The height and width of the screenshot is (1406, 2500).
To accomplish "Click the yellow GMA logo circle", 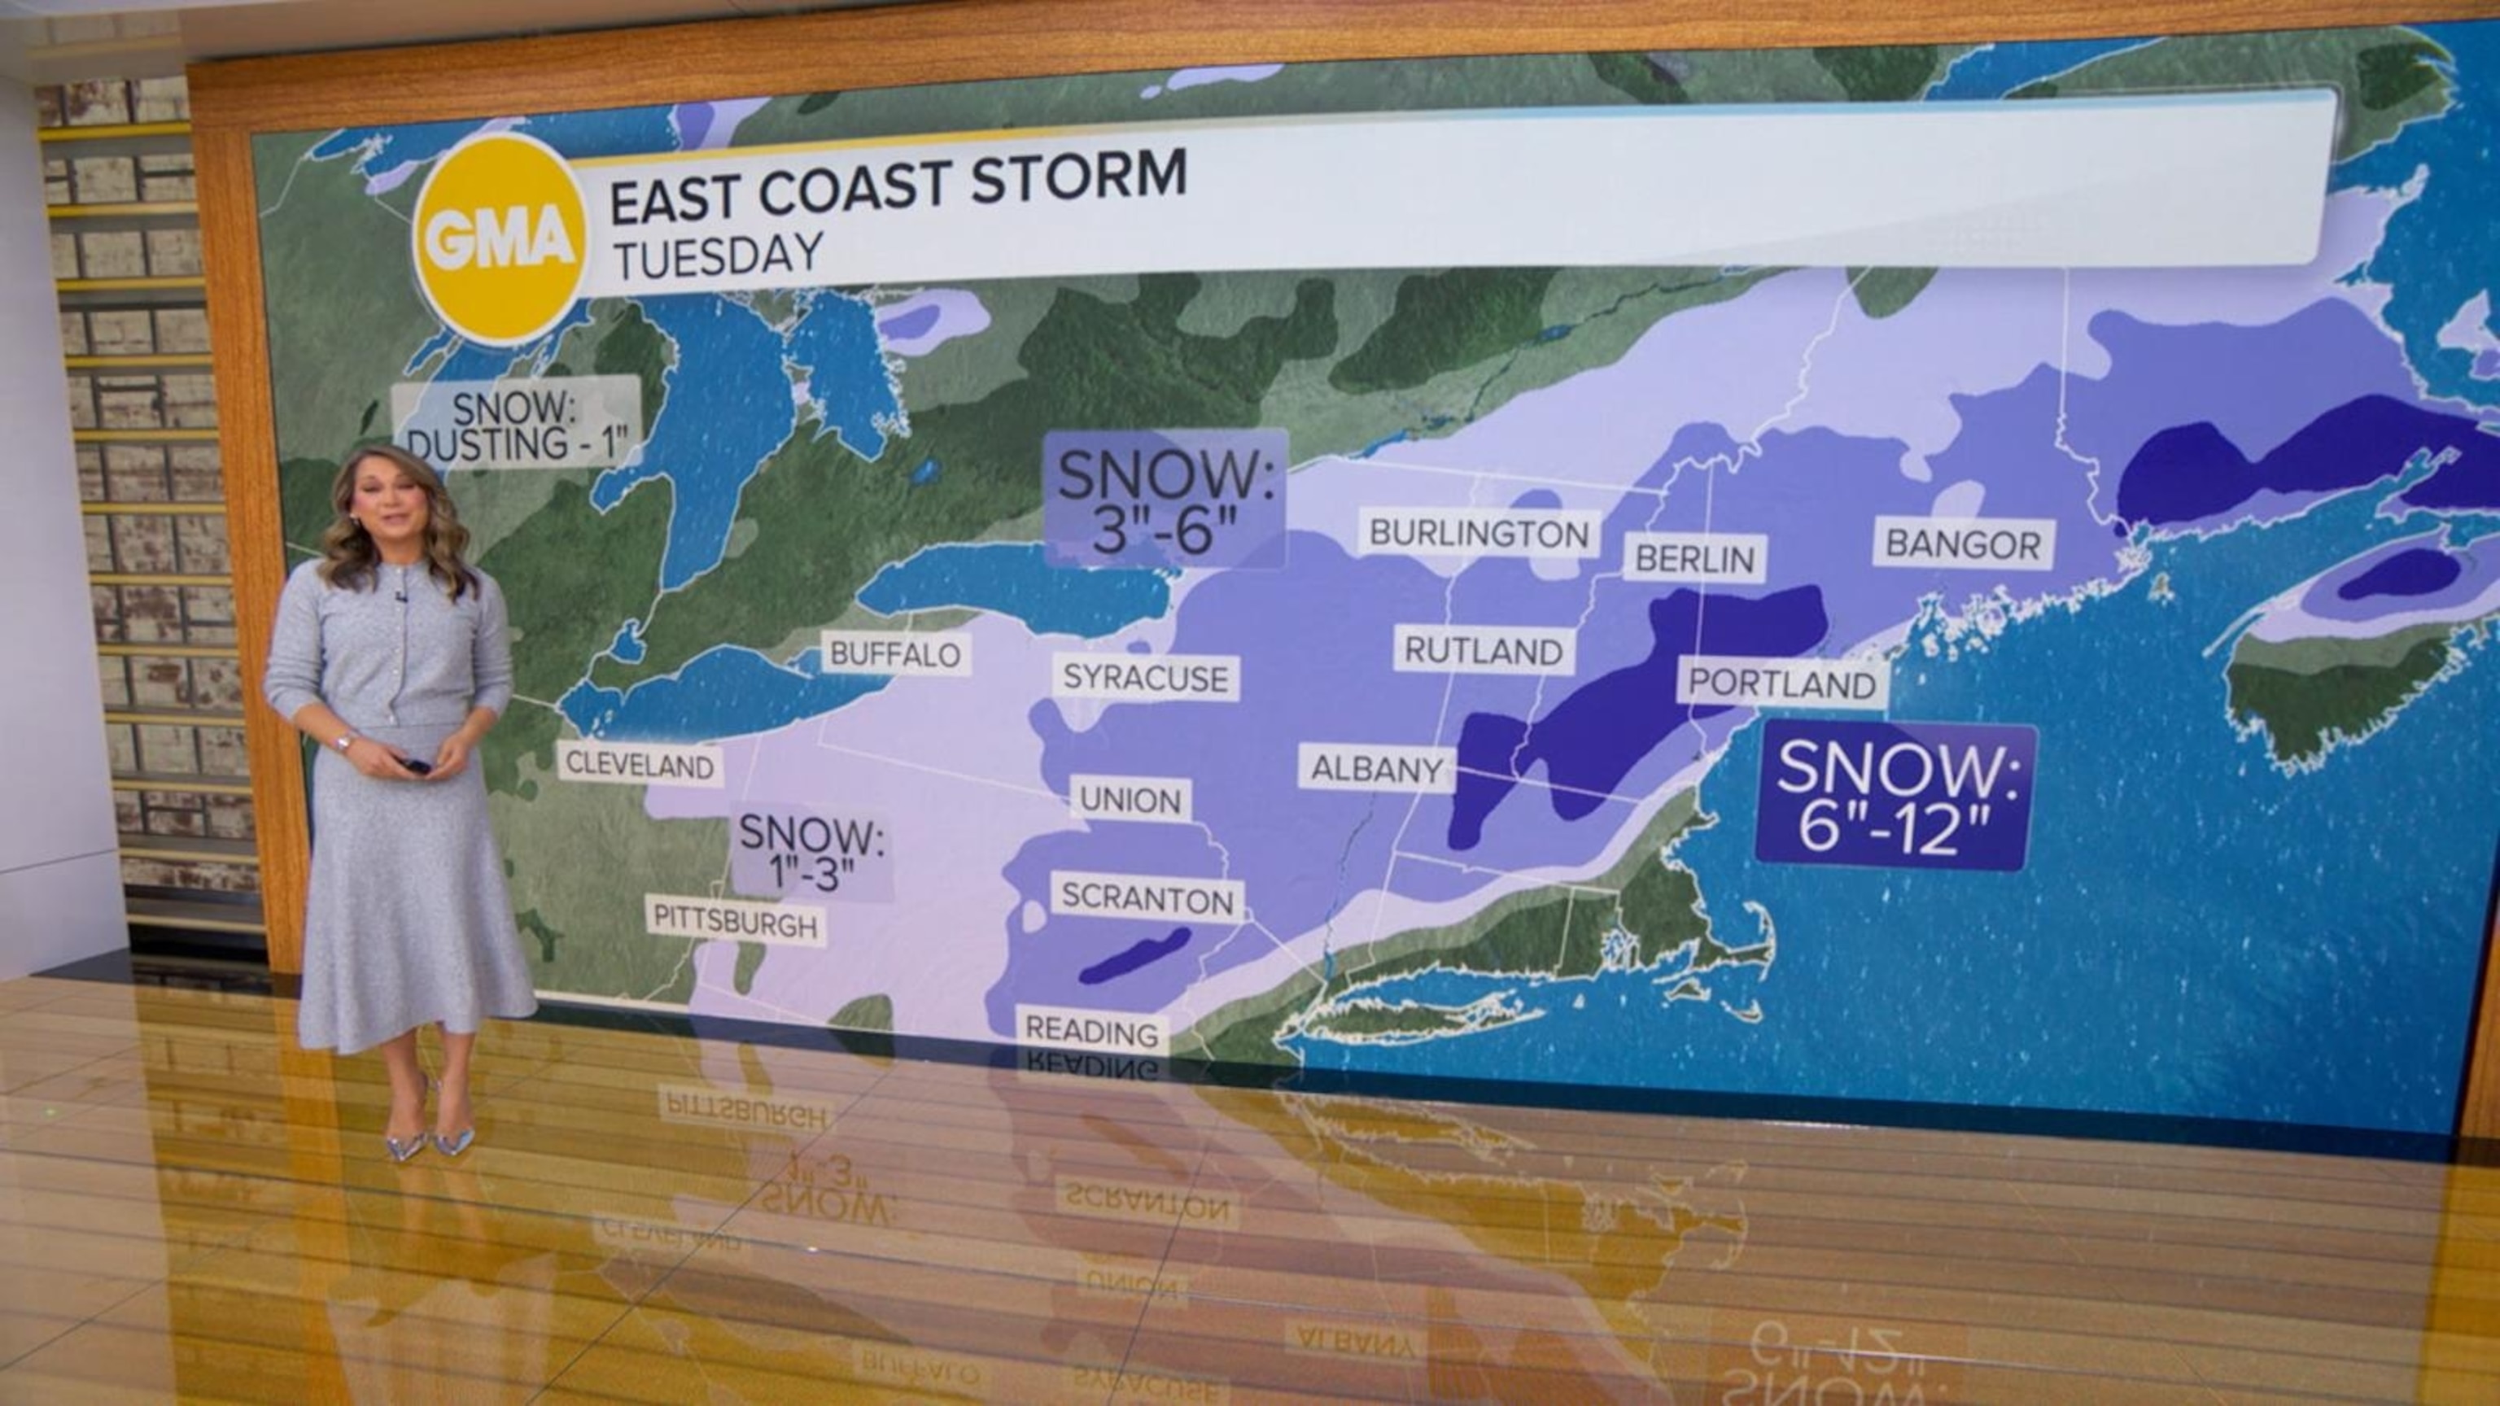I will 502,238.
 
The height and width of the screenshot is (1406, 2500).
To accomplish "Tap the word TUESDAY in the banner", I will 718,256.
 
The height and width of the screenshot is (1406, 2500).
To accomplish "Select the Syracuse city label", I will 1145,677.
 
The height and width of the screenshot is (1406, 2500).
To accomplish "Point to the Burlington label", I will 1479,533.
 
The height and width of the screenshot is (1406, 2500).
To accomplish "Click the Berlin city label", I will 1694,559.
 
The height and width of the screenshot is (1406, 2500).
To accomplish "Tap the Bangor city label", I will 1962,544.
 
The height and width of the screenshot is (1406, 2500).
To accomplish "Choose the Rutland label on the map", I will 1484,651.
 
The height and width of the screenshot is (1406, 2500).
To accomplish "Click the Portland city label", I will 1782,685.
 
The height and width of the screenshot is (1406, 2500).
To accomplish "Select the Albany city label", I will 1376,770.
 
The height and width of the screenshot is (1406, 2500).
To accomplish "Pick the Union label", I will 1130,801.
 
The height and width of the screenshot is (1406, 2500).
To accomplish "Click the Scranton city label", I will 1147,898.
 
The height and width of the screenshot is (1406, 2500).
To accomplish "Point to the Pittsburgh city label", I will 736,923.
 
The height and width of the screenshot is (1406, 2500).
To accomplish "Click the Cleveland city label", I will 640,765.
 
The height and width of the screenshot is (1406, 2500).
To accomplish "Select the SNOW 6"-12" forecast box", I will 1895,796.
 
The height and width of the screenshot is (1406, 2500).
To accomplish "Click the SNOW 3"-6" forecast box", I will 1165,500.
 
